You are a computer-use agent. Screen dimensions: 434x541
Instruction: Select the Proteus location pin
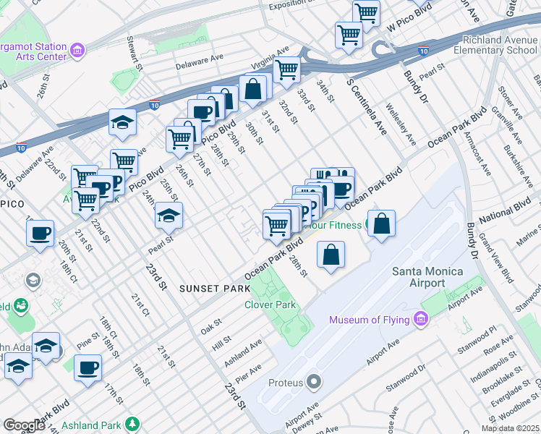coord(313,380)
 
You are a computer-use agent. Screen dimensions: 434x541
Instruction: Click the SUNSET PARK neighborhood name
coord(210,288)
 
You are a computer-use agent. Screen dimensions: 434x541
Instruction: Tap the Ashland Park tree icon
coord(132,425)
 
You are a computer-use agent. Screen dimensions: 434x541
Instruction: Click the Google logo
coord(23,425)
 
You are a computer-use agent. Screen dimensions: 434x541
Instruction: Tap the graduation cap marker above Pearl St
coord(169,216)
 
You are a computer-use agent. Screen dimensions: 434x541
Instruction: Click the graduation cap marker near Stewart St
coord(122,122)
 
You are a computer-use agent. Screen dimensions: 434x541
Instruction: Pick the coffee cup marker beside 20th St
coord(41,233)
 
